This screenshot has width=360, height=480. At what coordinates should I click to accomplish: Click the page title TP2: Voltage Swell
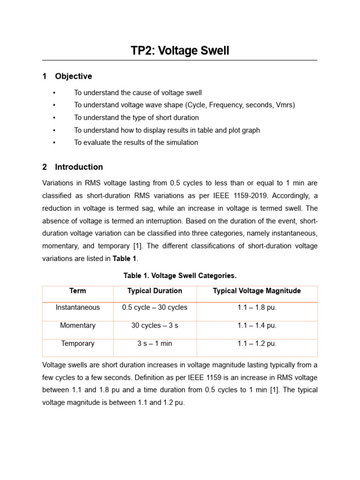pyautogui.click(x=180, y=51)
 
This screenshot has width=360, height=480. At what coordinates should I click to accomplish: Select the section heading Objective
pyautogui.click(x=73, y=76)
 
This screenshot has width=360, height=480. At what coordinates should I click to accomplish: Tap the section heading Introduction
pyautogui.click(x=79, y=167)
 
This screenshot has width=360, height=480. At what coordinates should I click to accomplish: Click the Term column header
pyautogui.click(x=78, y=291)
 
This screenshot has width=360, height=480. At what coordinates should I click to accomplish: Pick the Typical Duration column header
pyautogui.click(x=155, y=291)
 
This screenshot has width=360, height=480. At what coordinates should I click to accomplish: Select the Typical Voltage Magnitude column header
pyautogui.click(x=257, y=291)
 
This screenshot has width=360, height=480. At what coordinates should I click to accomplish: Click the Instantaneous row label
pyautogui.click(x=78, y=307)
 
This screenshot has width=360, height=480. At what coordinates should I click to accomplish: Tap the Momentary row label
pyautogui.click(x=78, y=325)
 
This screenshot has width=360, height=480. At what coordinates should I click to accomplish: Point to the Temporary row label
pyautogui.click(x=78, y=344)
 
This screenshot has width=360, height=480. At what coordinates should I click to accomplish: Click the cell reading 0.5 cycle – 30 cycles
pyautogui.click(x=155, y=307)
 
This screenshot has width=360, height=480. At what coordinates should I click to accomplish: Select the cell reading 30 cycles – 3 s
pyautogui.click(x=155, y=325)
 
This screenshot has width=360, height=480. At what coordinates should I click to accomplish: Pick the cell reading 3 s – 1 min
pyautogui.click(x=155, y=344)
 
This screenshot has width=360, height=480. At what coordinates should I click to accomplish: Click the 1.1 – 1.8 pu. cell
pyautogui.click(x=257, y=307)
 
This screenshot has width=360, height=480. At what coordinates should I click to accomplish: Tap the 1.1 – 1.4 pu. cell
pyautogui.click(x=257, y=325)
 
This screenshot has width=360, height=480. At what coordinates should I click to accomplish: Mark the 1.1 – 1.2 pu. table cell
pyautogui.click(x=257, y=344)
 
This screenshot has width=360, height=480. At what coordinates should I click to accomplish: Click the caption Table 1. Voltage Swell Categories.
pyautogui.click(x=180, y=275)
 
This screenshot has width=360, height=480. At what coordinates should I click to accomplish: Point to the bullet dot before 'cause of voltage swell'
pyautogui.click(x=55, y=93)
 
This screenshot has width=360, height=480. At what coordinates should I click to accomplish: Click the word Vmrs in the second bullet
pyautogui.click(x=285, y=105)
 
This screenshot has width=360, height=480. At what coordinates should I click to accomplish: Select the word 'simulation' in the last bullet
pyautogui.click(x=182, y=142)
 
